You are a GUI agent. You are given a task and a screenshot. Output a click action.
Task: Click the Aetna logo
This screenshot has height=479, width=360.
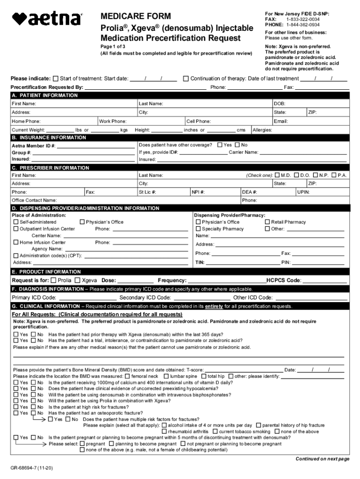point(47,19)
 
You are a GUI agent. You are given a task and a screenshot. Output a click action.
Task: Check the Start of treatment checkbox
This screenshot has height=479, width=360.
point(56,79)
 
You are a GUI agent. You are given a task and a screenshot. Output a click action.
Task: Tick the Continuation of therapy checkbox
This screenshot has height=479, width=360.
point(186,79)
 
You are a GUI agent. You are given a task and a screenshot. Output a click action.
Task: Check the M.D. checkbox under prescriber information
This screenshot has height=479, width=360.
point(278,175)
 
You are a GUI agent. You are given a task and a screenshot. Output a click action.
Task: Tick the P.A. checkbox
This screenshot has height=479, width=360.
point(334,175)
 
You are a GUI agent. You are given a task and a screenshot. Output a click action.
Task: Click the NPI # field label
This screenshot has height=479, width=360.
point(199,192)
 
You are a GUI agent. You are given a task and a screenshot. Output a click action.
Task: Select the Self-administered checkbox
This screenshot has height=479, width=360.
point(16,222)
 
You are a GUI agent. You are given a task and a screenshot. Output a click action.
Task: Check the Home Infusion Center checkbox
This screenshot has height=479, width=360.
point(16,243)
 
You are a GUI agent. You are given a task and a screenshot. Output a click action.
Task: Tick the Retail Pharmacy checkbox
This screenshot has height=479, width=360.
point(267,222)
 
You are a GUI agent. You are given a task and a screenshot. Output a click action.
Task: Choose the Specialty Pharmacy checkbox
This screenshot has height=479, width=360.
point(199,229)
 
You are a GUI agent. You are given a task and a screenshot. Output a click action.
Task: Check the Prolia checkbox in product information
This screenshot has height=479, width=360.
point(53,281)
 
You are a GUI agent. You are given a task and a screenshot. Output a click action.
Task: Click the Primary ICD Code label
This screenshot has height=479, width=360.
point(34,298)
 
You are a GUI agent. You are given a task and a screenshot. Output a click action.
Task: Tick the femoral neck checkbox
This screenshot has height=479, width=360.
point(128,377)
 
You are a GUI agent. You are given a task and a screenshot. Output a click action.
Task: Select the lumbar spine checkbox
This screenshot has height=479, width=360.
point(166,377)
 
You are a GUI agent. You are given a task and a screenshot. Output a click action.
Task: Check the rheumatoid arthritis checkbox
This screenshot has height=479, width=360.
point(164,432)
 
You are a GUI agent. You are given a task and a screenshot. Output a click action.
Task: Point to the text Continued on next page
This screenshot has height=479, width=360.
point(322,459)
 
